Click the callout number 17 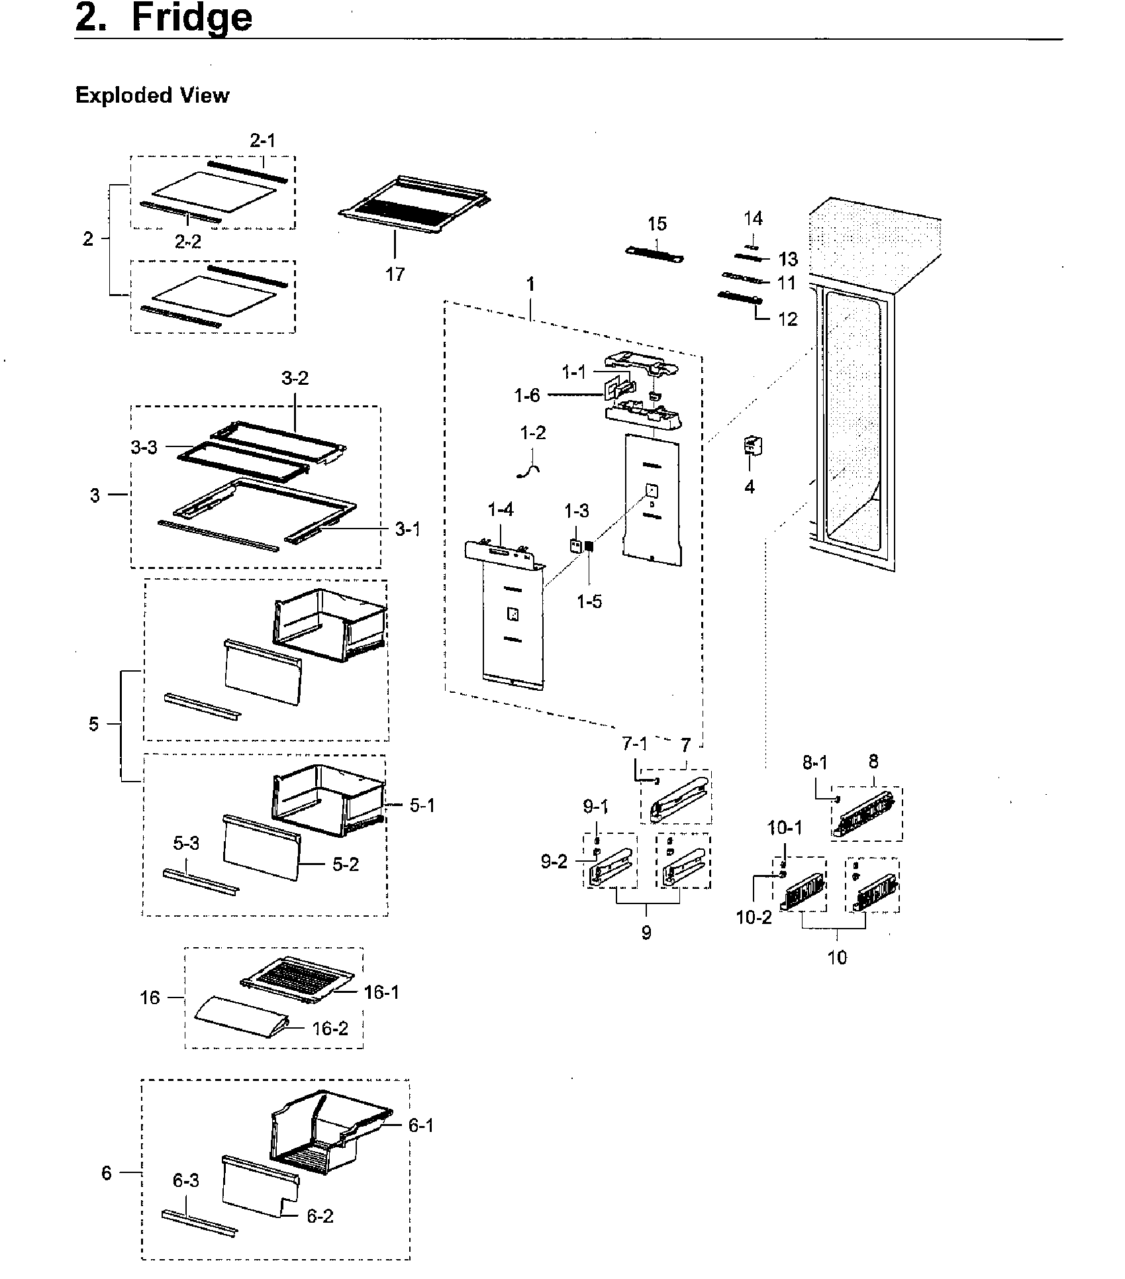coord(395,274)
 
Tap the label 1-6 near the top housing coord(527,395)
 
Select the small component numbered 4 coord(752,446)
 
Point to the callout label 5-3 coord(186,844)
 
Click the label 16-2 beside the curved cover coord(330,1029)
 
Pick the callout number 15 coord(657,224)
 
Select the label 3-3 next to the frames coord(144,447)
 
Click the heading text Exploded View coord(152,95)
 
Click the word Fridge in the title coord(192,18)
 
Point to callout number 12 coord(787,319)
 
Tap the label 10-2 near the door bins coord(754,917)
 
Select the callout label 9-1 coord(596,807)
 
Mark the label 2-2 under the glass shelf coord(188,242)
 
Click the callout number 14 coord(753,219)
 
